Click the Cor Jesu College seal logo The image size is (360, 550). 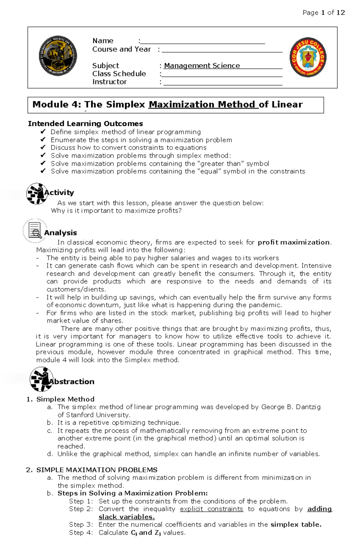click(308, 57)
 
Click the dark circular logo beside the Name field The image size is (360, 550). click(58, 56)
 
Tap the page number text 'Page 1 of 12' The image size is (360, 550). click(323, 13)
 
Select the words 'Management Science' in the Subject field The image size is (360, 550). click(202, 66)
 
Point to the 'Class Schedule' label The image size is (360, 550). click(119, 74)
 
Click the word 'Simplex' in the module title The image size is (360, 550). click(125, 104)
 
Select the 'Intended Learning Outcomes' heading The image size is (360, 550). click(85, 123)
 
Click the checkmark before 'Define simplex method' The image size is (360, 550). click(43, 132)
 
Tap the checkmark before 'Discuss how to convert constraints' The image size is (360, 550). click(43, 147)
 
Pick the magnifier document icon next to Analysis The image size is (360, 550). click(35, 230)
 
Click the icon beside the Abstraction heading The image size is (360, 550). click(41, 379)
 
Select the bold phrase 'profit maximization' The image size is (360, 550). click(293, 242)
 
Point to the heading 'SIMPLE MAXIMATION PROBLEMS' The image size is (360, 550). click(97, 470)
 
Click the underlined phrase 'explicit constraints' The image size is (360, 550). click(211, 509)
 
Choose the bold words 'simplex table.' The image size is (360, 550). click(296, 525)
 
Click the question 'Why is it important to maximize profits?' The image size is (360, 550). click(116, 211)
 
